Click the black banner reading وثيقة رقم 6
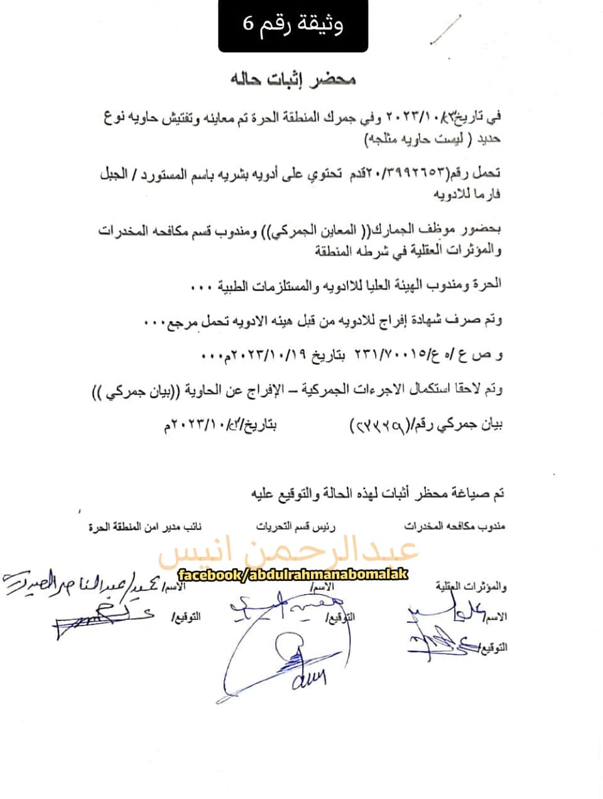(293, 25)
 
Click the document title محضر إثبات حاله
(293, 80)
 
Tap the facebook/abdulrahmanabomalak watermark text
(293, 575)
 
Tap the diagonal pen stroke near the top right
(447, 30)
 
